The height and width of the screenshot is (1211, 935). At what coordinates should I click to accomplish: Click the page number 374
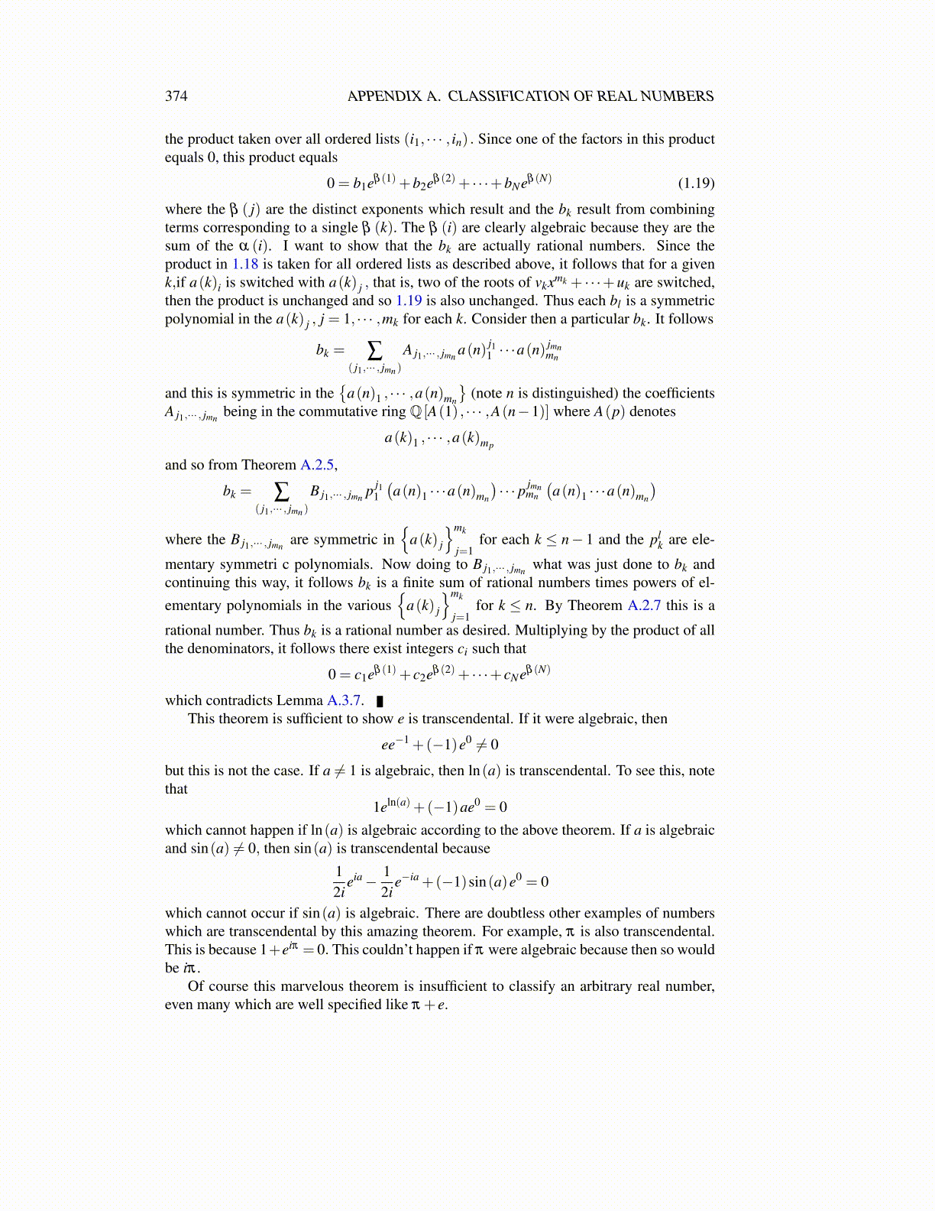pos(176,96)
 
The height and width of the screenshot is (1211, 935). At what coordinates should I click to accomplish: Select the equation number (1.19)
pos(696,183)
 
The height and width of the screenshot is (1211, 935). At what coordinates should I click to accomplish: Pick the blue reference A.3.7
pos(345,700)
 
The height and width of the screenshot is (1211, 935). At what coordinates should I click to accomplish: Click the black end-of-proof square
pos(380,701)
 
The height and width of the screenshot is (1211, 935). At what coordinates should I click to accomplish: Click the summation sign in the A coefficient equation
pos(374,350)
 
